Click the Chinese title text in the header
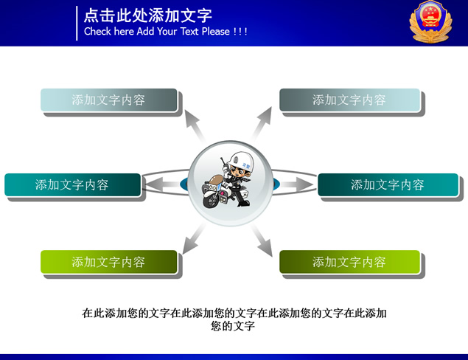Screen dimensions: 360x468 click(x=148, y=15)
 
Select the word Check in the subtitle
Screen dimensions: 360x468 click(x=97, y=32)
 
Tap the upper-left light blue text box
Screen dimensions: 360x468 click(x=109, y=100)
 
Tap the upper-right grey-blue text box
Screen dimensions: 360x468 click(x=349, y=100)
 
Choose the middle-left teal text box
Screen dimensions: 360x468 click(x=72, y=185)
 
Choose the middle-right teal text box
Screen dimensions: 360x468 click(x=388, y=185)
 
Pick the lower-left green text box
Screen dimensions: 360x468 click(x=109, y=262)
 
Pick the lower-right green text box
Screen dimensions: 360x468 click(x=349, y=262)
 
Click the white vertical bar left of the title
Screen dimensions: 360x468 click(x=77, y=23)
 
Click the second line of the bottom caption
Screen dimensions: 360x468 click(x=233, y=325)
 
